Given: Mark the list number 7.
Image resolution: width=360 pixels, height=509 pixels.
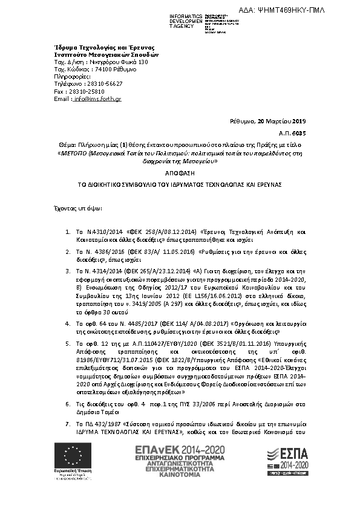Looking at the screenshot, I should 67,426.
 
